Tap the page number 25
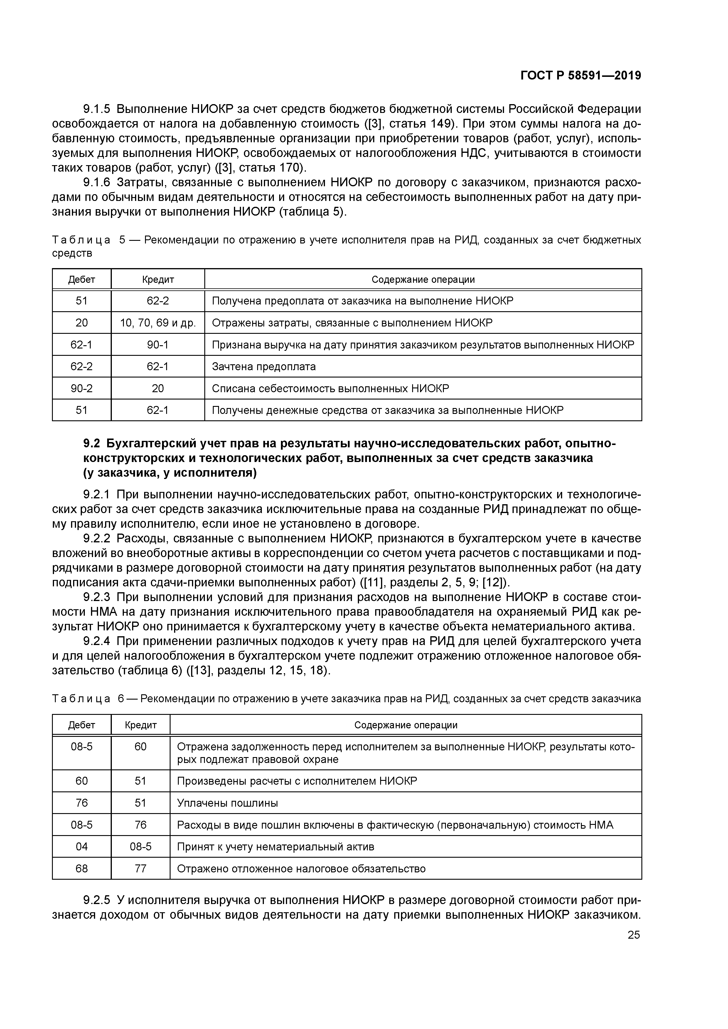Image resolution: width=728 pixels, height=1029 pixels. (634, 935)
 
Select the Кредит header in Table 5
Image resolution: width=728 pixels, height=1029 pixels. (158, 280)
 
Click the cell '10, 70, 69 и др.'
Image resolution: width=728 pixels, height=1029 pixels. (158, 323)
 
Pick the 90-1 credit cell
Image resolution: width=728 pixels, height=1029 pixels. (158, 345)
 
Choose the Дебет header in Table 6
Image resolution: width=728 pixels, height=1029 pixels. (82, 725)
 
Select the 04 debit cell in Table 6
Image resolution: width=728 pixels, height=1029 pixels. (82, 847)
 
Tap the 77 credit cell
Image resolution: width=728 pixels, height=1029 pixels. (140, 869)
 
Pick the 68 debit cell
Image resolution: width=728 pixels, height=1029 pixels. (82, 869)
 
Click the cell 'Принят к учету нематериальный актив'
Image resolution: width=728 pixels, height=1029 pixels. (275, 847)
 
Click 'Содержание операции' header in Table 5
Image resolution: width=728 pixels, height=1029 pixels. (423, 280)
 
